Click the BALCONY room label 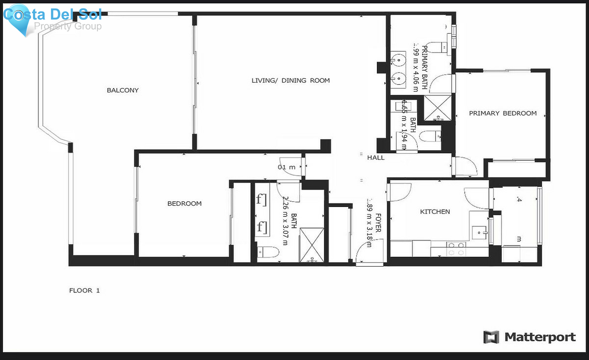click(123, 90)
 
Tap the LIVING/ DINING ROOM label click(291, 81)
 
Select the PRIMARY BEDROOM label click(503, 113)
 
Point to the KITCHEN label click(435, 212)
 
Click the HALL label click(376, 158)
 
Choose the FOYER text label click(378, 223)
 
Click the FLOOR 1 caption click(84, 290)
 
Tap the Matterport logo click(529, 337)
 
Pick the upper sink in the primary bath click(398, 61)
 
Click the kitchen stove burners click(456, 249)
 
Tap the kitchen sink click(479, 233)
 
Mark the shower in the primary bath click(437, 108)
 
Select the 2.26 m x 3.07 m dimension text click(285, 221)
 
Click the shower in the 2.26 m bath click(312, 245)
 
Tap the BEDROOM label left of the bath click(185, 204)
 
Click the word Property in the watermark click(53, 26)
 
